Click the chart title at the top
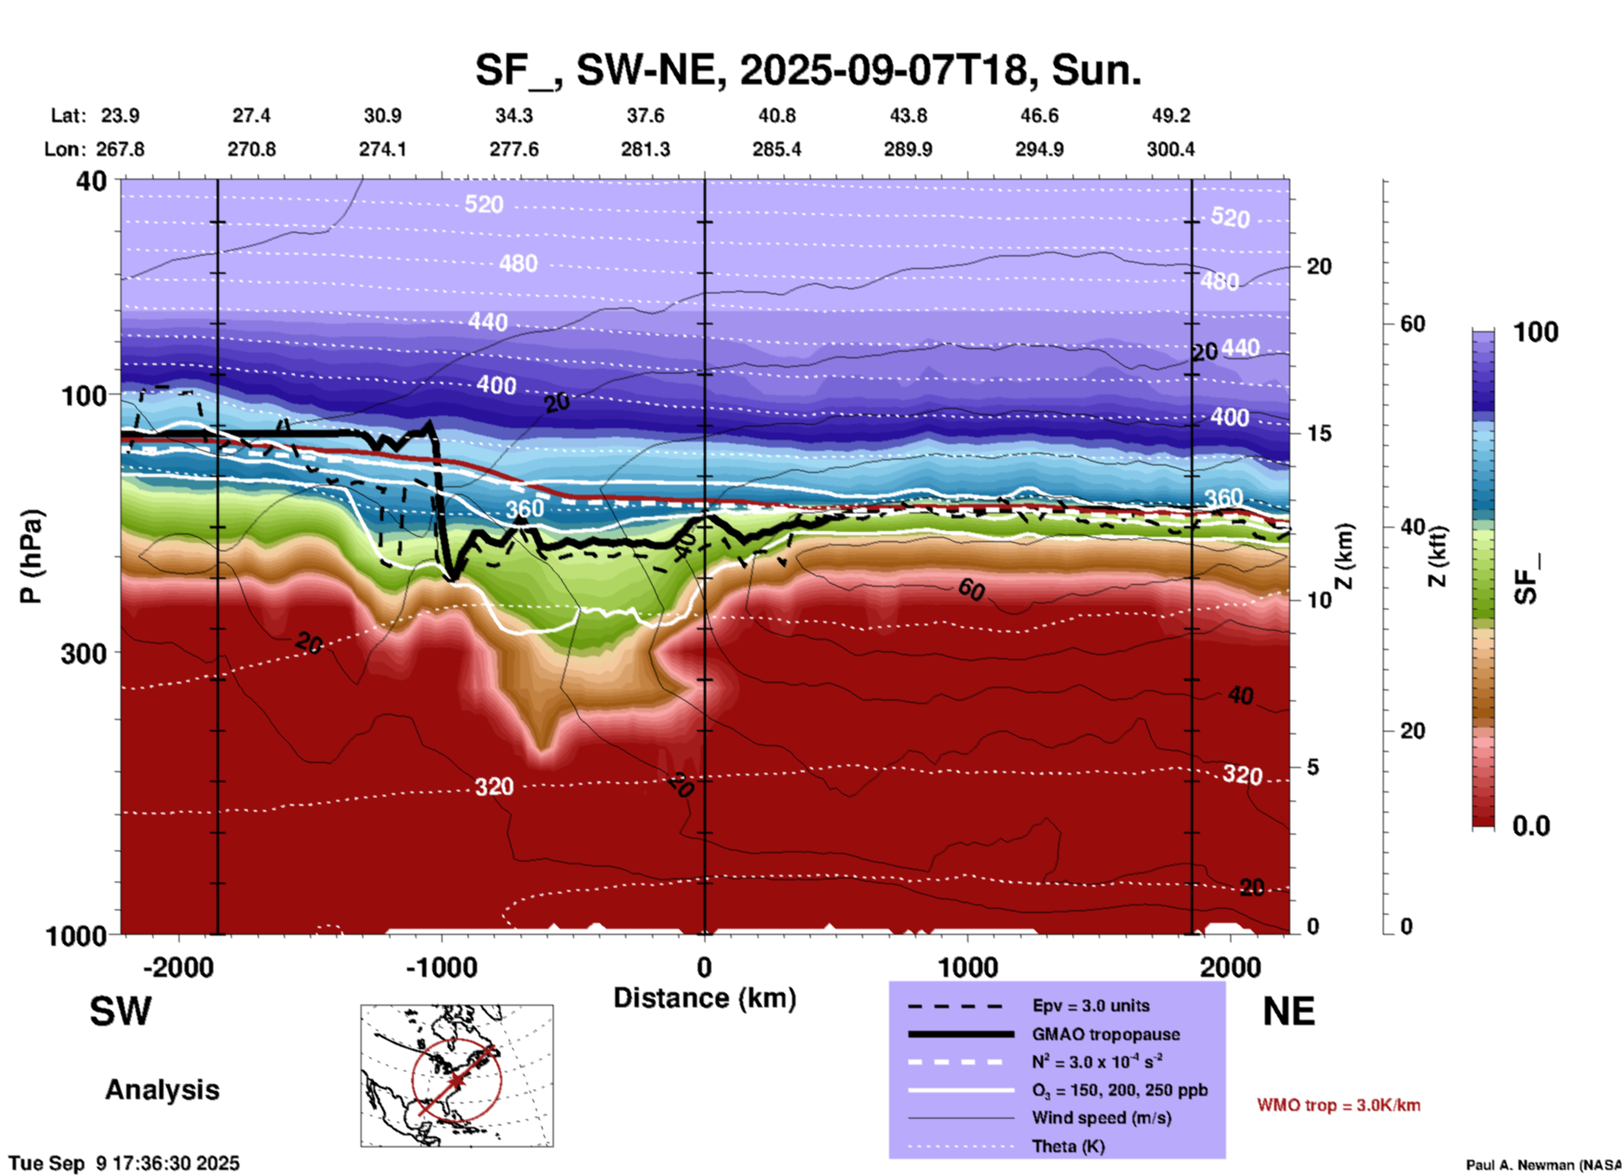[x=808, y=70]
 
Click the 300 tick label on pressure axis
[x=84, y=653]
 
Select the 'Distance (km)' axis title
[x=704, y=998]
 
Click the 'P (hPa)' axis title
[x=31, y=556]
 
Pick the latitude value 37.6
[x=645, y=115]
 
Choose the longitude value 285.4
[x=776, y=149]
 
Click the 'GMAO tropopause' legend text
[x=1106, y=1034]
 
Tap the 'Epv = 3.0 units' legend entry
[x=1090, y=1006]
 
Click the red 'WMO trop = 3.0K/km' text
[x=1338, y=1105]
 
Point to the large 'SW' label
[x=121, y=1011]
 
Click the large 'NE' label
[x=1288, y=1011]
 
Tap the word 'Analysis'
[x=162, y=1090]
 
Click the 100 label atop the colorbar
[x=1535, y=332]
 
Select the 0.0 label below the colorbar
[x=1531, y=826]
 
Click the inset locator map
[x=457, y=1075]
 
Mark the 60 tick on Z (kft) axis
[x=1412, y=324]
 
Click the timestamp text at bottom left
[x=125, y=1163]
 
